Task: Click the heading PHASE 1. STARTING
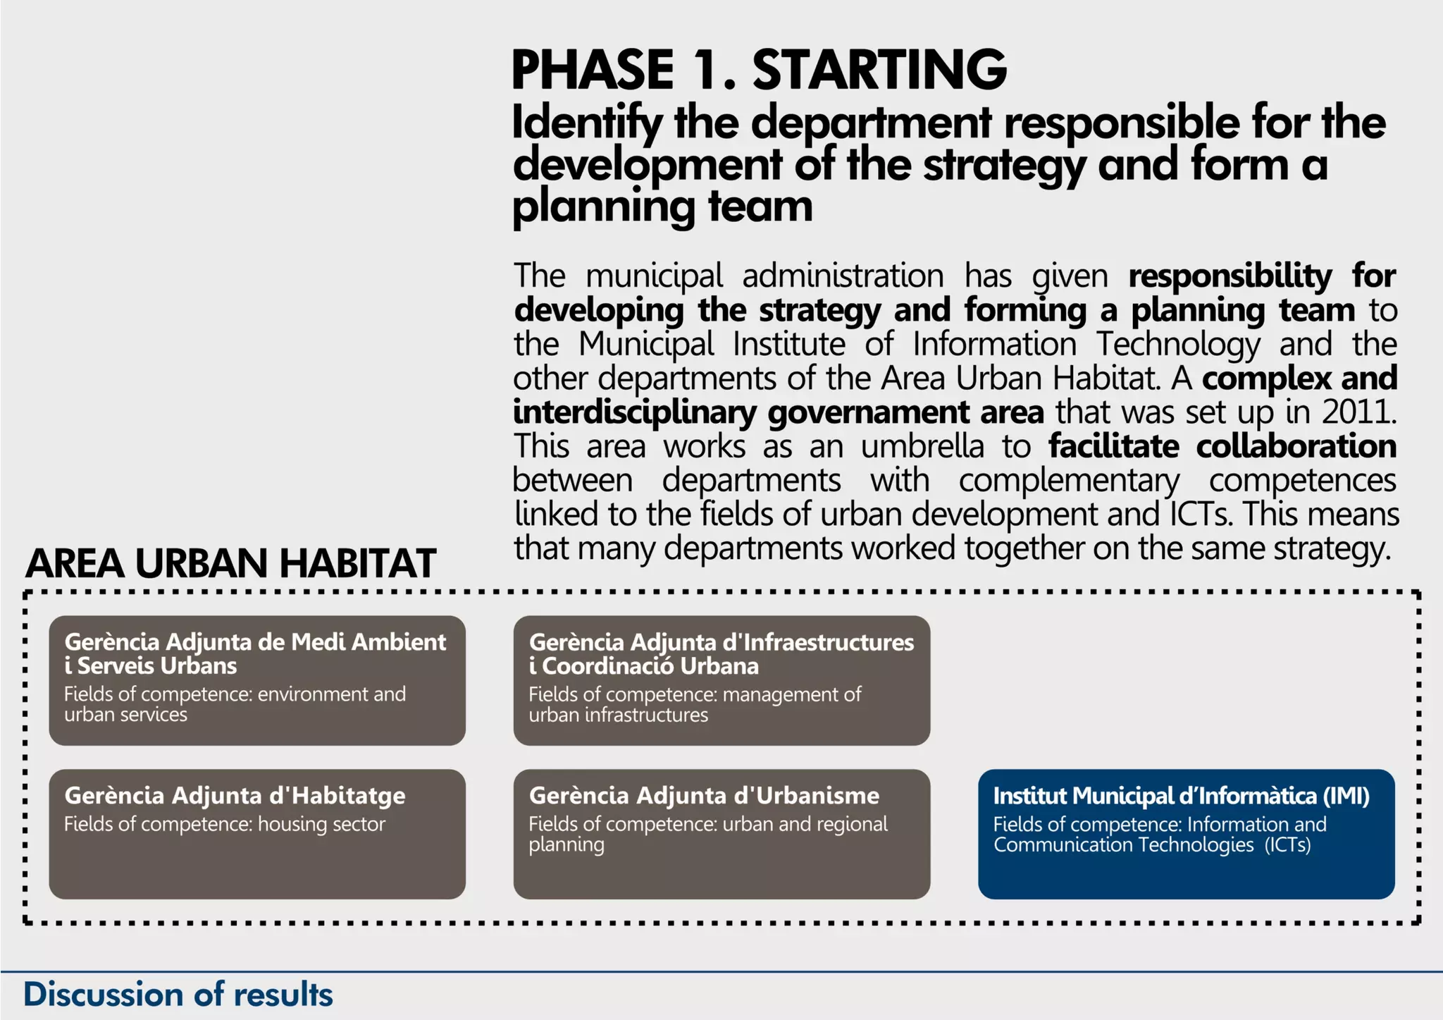[758, 70]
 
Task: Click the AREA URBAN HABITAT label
[230, 563]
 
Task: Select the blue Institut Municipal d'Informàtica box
[1186, 833]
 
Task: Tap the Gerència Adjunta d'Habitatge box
[256, 833]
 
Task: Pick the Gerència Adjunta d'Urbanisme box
[721, 833]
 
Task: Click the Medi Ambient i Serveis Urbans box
[256, 680]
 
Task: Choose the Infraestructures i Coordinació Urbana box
[721, 680]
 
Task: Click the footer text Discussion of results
[178, 995]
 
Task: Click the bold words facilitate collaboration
[1222, 446]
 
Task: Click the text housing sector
[321, 824]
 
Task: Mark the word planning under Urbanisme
[566, 844]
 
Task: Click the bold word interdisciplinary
[634, 412]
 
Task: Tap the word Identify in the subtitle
[586, 123]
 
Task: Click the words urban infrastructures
[618, 715]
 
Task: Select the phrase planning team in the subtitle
[662, 207]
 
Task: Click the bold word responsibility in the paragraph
[1230, 276]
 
